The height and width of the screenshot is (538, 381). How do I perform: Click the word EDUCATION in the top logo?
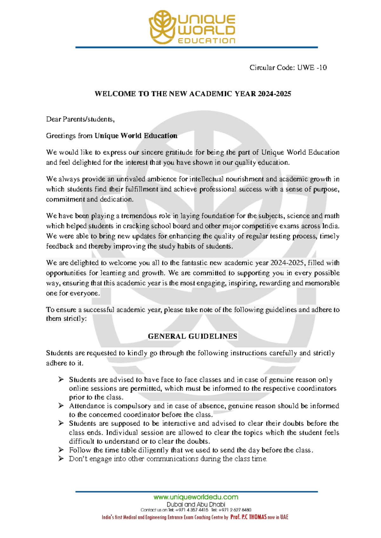point(206,41)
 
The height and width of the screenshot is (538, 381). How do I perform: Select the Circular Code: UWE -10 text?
point(288,68)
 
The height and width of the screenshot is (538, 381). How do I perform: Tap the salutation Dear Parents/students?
point(80,119)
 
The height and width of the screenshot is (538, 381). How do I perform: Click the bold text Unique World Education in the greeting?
point(136,136)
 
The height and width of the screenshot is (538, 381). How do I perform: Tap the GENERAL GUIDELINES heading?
point(193,336)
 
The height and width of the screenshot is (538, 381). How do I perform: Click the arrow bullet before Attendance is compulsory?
point(61,406)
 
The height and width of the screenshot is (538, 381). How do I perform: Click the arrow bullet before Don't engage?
point(61,459)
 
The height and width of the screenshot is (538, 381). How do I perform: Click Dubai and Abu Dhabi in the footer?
point(196,504)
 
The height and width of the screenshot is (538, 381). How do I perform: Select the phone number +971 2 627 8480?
point(235,510)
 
